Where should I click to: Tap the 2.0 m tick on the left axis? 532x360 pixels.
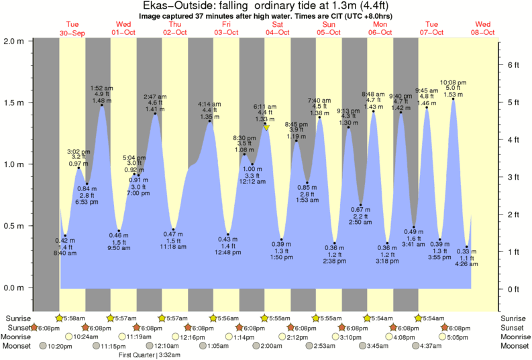14,40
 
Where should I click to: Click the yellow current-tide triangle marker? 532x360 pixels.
266,127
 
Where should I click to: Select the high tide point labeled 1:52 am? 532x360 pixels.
102,105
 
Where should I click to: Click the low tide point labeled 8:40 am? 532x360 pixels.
65,235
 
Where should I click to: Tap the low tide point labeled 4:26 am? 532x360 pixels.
467,247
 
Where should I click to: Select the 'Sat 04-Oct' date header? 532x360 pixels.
278,28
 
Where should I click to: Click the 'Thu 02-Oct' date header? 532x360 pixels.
174,28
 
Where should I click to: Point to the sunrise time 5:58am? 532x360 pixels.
75,318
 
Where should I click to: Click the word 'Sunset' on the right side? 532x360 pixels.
515,327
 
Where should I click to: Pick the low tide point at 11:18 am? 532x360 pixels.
173,229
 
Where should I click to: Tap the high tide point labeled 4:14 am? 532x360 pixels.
210,121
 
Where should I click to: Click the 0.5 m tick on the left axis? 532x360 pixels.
14,226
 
